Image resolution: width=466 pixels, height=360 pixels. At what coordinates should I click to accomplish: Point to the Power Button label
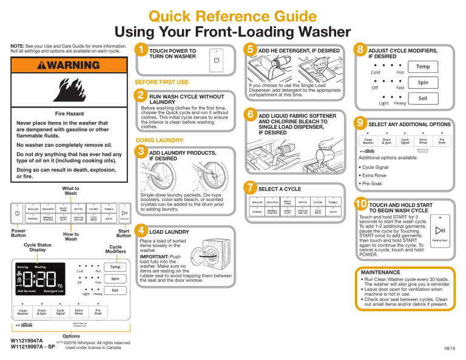15,233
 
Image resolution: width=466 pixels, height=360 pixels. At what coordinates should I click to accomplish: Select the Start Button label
124,233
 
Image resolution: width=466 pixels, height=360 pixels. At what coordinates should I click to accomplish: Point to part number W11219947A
27,341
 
